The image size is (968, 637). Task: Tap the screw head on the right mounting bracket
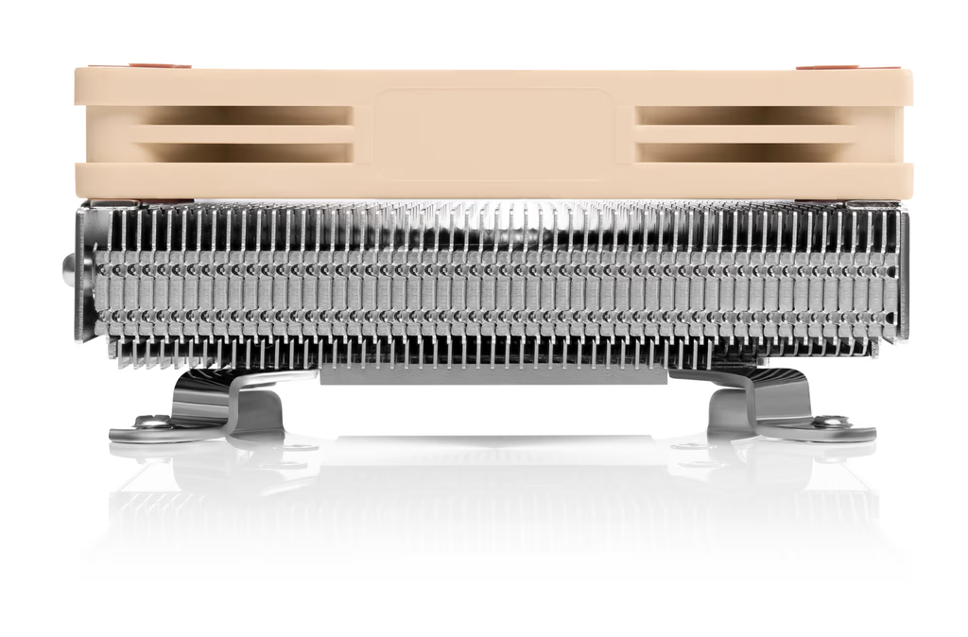(x=830, y=422)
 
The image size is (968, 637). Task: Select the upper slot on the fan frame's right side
(x=737, y=114)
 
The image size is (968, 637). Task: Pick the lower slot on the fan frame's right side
(x=737, y=151)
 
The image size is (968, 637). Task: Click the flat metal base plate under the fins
(x=492, y=375)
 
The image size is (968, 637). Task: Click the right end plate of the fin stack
(x=903, y=274)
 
